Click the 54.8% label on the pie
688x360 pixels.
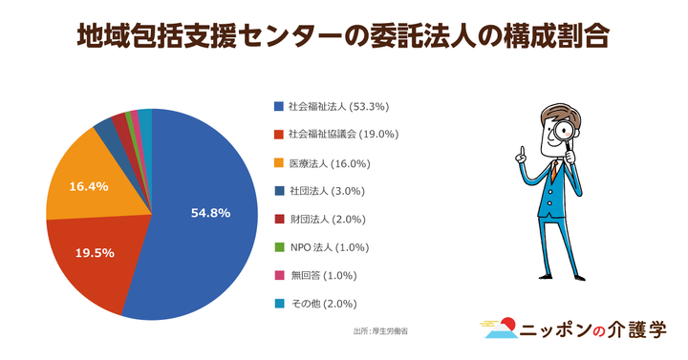coord(210,212)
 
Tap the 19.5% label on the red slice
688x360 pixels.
coord(95,253)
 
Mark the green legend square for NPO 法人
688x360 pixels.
coord(278,248)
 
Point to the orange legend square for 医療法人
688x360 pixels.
coord(278,162)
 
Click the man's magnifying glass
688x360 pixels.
coord(564,132)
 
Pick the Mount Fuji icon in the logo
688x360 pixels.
coord(499,330)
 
